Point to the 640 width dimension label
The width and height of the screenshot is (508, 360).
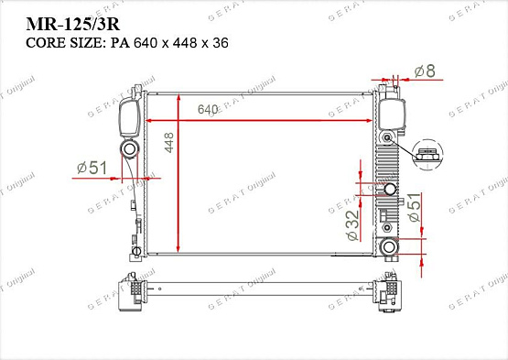click(208, 110)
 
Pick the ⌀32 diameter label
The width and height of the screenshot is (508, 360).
click(352, 224)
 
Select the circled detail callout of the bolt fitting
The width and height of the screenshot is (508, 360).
click(426, 157)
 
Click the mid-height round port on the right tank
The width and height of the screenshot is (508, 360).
click(390, 190)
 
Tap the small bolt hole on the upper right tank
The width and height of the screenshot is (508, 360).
click(388, 138)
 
